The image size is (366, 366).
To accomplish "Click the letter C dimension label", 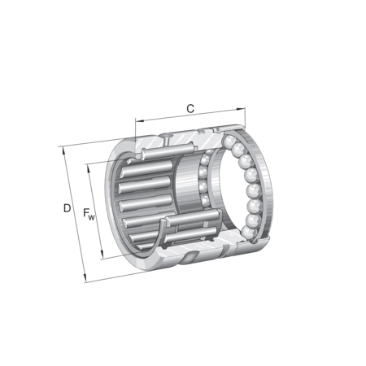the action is tap(190, 108).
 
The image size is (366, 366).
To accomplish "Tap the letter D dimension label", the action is tap(67, 208).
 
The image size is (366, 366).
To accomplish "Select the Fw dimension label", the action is tap(89, 213).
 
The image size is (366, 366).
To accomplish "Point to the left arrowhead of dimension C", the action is tap(139, 120).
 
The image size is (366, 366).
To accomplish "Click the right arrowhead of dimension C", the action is tap(241, 109).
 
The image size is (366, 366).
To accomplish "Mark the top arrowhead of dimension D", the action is tap(64, 150).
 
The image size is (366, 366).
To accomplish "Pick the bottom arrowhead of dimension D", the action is tap(85, 278).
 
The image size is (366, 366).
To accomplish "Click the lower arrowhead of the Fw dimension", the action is tap(102, 255).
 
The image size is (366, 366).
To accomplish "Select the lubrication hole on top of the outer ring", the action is tap(166, 136).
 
